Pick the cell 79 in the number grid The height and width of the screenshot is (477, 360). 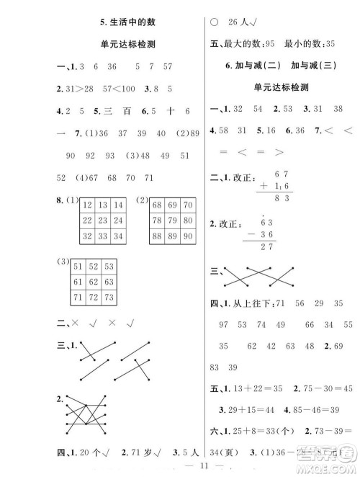[x=174, y=220]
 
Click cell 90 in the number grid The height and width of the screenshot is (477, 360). [x=189, y=236]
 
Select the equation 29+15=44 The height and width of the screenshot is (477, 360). [x=254, y=409]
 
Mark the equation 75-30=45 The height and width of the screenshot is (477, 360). [x=320, y=387]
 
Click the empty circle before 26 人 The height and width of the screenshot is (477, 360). [x=214, y=22]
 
